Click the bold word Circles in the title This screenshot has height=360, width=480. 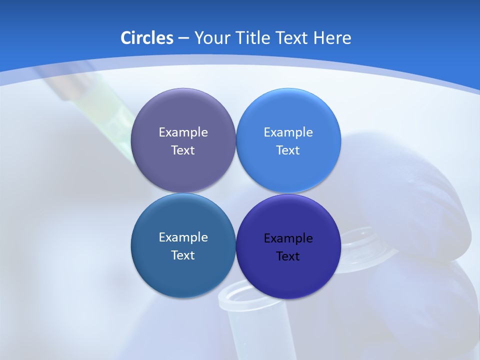point(146,37)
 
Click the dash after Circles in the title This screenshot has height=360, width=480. point(183,38)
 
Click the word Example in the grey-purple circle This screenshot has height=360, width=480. point(183,132)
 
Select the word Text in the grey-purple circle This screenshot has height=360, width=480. point(183,150)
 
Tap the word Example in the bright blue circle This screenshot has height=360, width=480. point(288,132)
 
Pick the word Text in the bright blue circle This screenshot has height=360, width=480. point(288,150)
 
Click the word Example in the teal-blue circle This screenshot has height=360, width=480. point(183,237)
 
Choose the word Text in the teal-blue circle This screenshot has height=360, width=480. point(183,255)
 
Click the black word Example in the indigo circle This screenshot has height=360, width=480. point(288,238)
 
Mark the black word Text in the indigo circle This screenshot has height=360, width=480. point(288,256)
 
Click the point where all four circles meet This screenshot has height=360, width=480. point(235,193)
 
